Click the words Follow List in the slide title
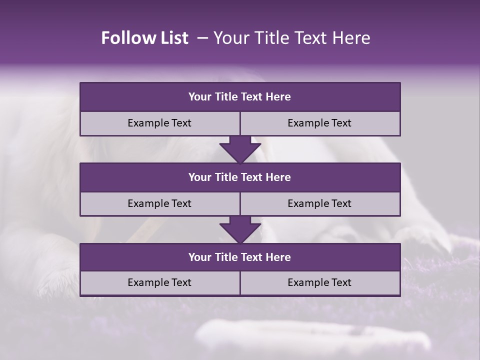click(145, 38)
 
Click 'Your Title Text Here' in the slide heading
click(291, 38)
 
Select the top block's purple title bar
click(240, 97)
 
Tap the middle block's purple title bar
click(240, 177)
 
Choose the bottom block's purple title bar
click(240, 257)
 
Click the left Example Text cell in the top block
click(160, 123)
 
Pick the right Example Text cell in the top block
click(320, 123)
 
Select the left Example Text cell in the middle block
click(160, 203)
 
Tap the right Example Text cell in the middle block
click(320, 203)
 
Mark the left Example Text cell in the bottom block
click(160, 282)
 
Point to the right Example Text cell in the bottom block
click(320, 282)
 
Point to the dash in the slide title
click(202, 38)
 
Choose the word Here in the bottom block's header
click(278, 257)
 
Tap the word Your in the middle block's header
click(200, 177)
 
